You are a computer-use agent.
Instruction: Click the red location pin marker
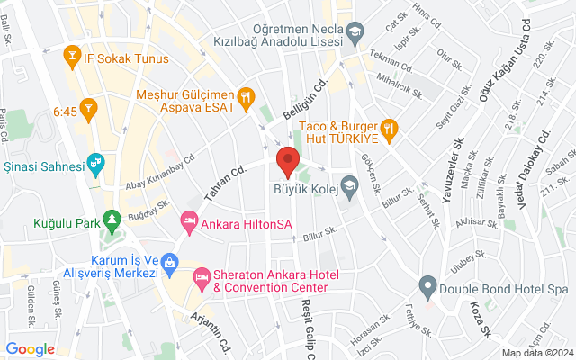(x=287, y=162)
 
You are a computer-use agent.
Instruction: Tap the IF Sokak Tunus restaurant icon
(x=70, y=59)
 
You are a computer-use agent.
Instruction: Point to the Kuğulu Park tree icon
(x=112, y=219)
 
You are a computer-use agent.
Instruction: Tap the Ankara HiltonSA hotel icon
(x=189, y=220)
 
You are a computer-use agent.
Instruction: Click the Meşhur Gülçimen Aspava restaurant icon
(x=244, y=96)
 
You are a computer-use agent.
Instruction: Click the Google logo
(x=31, y=348)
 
